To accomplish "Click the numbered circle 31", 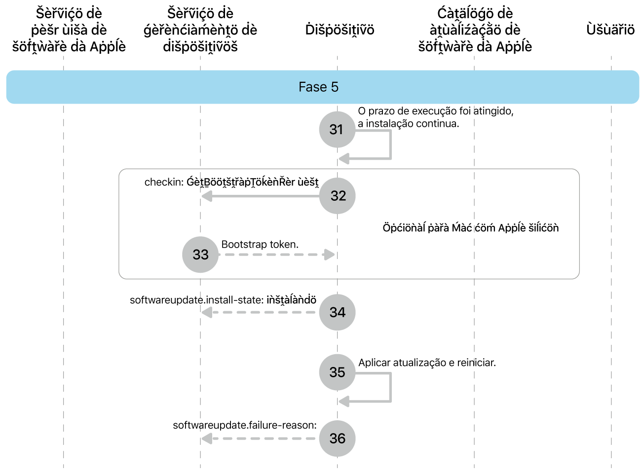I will coord(337,129).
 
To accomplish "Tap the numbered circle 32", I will coord(338,196).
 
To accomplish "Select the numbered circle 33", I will coord(200,255).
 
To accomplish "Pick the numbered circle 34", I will coord(338,312).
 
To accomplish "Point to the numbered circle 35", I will coord(338,372).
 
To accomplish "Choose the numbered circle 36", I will coord(338,438).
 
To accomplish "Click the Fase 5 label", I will coord(319,87).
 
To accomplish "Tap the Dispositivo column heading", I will coord(340,30).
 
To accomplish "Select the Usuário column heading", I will coord(610,30).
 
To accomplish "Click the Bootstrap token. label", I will coord(260,245).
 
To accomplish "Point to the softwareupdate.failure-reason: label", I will coord(245,425).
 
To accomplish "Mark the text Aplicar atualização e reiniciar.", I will coord(427,363).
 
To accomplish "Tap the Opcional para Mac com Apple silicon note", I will coord(470,228).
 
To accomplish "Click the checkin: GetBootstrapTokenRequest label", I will coord(231,183).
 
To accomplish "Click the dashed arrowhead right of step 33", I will coord(329,255).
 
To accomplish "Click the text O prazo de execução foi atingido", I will coord(436,111).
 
